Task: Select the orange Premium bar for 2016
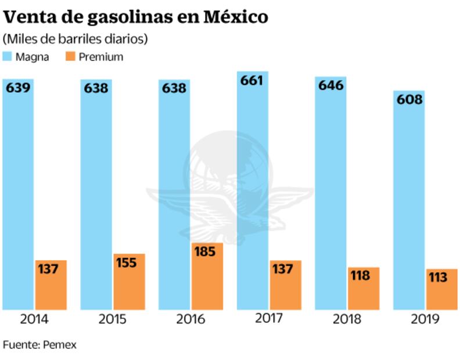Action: coord(207,276)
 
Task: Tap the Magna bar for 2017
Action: coord(253,192)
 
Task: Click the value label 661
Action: coord(251,81)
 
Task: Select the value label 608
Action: coord(409,99)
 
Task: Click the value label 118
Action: coord(360,276)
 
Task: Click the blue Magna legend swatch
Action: coord(8,57)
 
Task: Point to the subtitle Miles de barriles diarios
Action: coord(76,39)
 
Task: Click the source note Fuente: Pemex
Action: coord(39,344)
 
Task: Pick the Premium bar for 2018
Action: coord(364,289)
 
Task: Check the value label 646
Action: coord(331,85)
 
